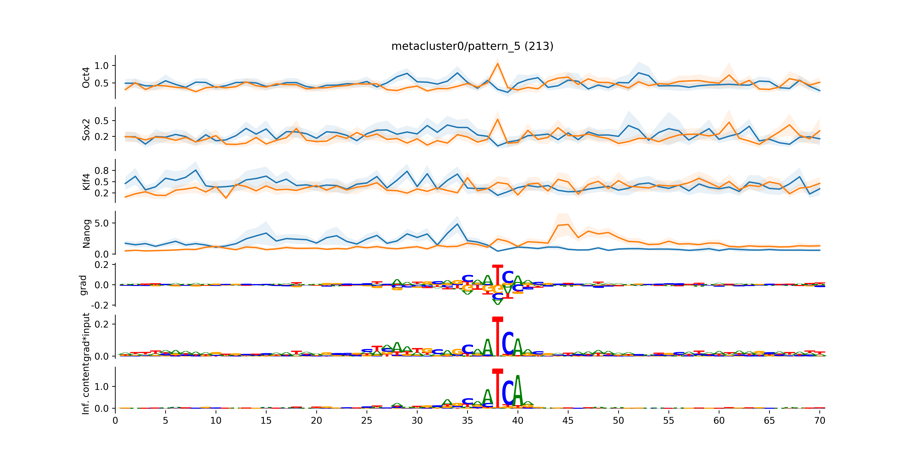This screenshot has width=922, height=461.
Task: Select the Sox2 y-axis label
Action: coord(86,130)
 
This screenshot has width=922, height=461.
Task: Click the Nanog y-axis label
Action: coord(86,233)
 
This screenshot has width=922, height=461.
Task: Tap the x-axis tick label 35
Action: coord(467,421)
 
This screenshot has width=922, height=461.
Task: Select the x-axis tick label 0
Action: coord(115,421)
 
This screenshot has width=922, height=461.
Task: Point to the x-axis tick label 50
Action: coord(618,421)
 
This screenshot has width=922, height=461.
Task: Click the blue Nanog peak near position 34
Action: coord(457,224)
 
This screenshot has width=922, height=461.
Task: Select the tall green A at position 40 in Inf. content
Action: coord(518,392)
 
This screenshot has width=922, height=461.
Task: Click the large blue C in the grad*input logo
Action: coord(508,344)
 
